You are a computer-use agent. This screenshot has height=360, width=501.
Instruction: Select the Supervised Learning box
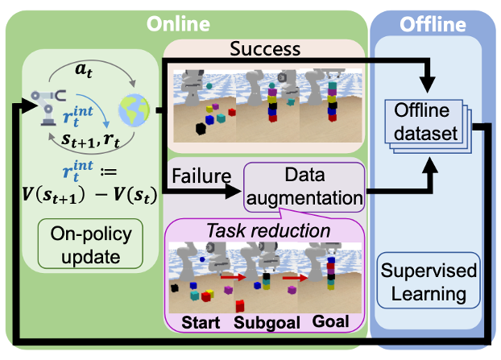[429, 282]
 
